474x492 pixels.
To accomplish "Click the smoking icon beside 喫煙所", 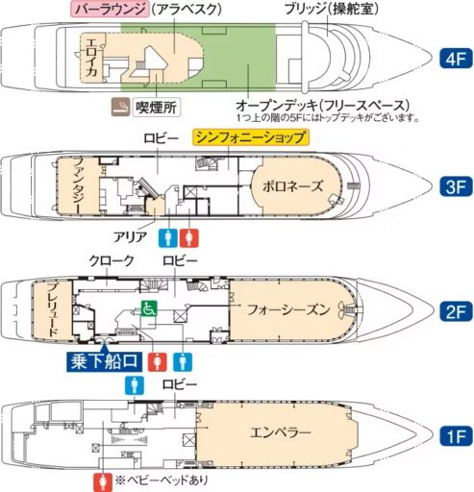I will tap(122, 105).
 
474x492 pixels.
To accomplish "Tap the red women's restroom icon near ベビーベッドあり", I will tap(101, 480).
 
